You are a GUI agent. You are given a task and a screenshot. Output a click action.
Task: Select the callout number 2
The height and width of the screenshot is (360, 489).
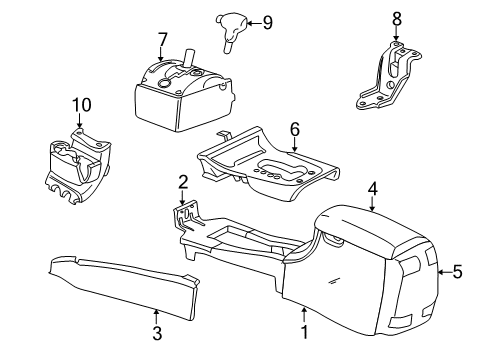183,181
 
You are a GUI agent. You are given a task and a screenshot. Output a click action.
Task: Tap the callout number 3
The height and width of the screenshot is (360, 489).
157,332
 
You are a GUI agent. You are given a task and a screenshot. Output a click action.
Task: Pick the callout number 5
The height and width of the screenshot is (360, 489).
458,269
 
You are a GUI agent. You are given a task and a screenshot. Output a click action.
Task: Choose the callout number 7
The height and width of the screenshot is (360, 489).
161,39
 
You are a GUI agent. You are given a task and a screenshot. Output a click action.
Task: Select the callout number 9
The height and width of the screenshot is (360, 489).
265,21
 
